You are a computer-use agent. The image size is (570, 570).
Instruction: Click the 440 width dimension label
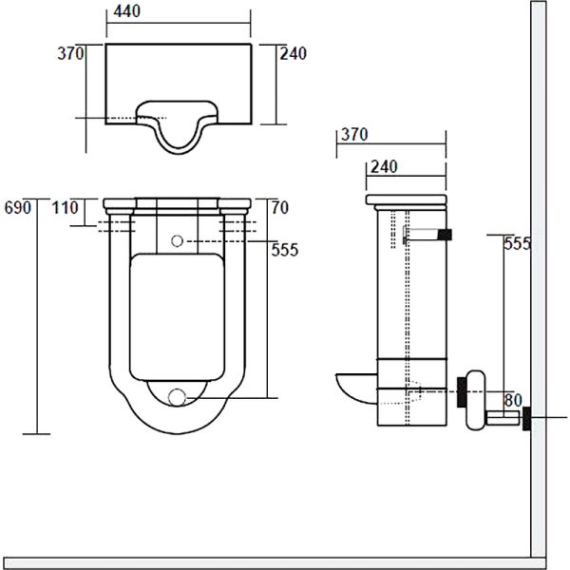[x=127, y=11]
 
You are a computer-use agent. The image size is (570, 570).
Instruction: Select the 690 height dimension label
[x=18, y=208]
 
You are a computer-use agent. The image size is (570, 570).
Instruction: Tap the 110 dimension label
[x=65, y=208]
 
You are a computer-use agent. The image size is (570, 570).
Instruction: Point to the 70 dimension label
[x=280, y=208]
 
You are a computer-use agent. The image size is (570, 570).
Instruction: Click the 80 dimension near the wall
[x=513, y=400]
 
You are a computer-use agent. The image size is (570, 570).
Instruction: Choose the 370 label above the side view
[x=354, y=135]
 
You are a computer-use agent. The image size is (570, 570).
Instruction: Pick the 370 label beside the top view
[x=70, y=53]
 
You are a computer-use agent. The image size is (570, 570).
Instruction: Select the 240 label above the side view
[x=384, y=167]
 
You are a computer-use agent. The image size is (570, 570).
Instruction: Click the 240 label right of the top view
[x=293, y=53]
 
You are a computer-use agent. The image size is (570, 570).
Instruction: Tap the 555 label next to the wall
[x=517, y=243]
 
